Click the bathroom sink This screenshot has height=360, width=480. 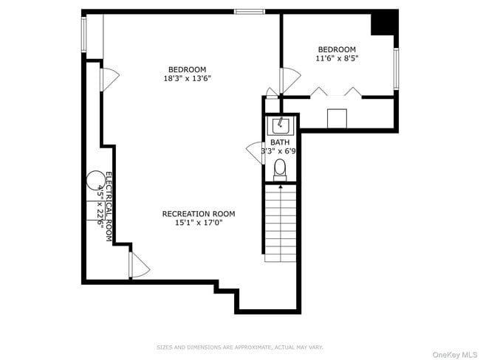pyautogui.click(x=281, y=125)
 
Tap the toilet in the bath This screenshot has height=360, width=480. pyautogui.click(x=280, y=170)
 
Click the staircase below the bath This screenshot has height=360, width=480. pyautogui.click(x=280, y=221)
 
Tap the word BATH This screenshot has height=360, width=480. pyautogui.click(x=280, y=142)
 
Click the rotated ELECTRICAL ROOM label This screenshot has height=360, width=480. pyautogui.click(x=108, y=207)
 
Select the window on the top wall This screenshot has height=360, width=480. pyautogui.click(x=250, y=11)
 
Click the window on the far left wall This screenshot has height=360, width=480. pyautogui.click(x=83, y=35)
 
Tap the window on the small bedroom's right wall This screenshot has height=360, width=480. pyautogui.click(x=396, y=69)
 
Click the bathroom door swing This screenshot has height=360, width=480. pyautogui.click(x=255, y=153)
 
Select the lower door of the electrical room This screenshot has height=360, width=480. pyautogui.click(x=138, y=265)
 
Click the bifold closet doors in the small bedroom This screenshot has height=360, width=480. pyautogui.click(x=336, y=91)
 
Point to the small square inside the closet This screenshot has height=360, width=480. pyautogui.click(x=337, y=118)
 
